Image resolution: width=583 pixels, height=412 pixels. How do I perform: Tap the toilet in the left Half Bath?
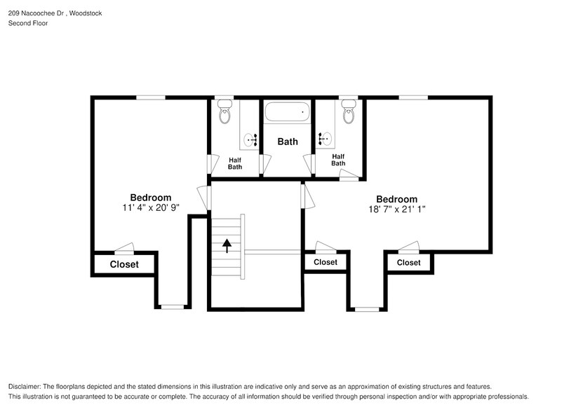[225, 112]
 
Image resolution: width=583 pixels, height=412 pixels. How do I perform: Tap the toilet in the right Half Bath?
[349, 112]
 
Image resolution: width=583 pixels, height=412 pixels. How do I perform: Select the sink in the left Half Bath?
[250, 140]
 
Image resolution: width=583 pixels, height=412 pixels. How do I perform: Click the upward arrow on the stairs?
[227, 245]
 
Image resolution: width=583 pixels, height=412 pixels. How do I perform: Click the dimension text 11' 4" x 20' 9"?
[150, 208]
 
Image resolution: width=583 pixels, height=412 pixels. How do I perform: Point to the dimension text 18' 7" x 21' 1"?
[396, 209]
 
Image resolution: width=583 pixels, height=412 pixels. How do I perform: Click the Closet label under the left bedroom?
[124, 264]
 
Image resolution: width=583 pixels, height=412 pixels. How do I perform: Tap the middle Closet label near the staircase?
[325, 262]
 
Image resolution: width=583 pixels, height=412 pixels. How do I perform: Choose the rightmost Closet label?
[408, 263]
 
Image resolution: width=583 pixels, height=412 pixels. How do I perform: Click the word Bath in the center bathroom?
[288, 142]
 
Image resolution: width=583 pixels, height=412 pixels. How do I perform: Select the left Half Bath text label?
[235, 163]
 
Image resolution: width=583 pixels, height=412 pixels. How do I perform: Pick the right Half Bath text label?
[338, 160]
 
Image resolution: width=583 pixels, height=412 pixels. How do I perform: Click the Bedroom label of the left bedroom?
[150, 198]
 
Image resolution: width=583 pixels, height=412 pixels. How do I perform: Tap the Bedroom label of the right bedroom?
[396, 199]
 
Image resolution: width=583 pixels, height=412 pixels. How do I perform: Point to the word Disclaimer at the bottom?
[25, 387]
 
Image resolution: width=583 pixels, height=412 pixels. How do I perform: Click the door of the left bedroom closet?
[125, 248]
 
